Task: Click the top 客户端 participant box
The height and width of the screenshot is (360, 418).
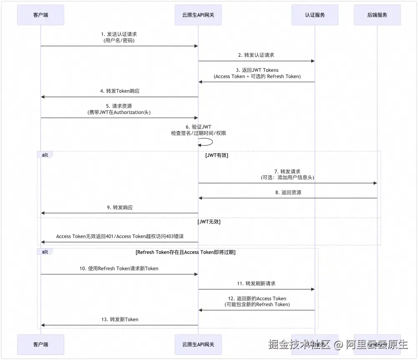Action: point(40,15)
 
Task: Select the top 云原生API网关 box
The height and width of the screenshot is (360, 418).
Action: point(198,15)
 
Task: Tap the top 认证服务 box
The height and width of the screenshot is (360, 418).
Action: point(315,15)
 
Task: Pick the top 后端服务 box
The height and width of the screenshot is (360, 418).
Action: point(377,15)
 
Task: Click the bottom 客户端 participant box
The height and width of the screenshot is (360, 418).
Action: point(40,345)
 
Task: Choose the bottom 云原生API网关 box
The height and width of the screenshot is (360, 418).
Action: point(198,345)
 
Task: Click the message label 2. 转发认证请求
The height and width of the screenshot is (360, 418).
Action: point(256,55)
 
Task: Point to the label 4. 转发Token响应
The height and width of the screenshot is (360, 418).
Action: point(119,91)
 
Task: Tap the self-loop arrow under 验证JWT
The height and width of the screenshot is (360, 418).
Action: point(207,142)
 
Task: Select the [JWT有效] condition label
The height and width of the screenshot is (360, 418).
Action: point(217,155)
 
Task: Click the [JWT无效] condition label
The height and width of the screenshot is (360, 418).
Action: point(209,222)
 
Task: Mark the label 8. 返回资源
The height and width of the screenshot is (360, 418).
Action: point(288,193)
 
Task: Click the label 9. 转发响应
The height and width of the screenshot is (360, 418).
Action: point(119,208)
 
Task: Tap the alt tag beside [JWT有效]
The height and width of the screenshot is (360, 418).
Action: point(45,155)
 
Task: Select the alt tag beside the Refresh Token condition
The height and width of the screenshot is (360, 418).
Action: point(45,252)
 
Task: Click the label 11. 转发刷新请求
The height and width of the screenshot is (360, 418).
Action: point(256,284)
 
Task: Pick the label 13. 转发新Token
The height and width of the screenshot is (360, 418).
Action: point(119,319)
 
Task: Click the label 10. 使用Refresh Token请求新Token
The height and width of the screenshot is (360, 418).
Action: point(119,269)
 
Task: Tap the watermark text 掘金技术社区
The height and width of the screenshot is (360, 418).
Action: point(299,345)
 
